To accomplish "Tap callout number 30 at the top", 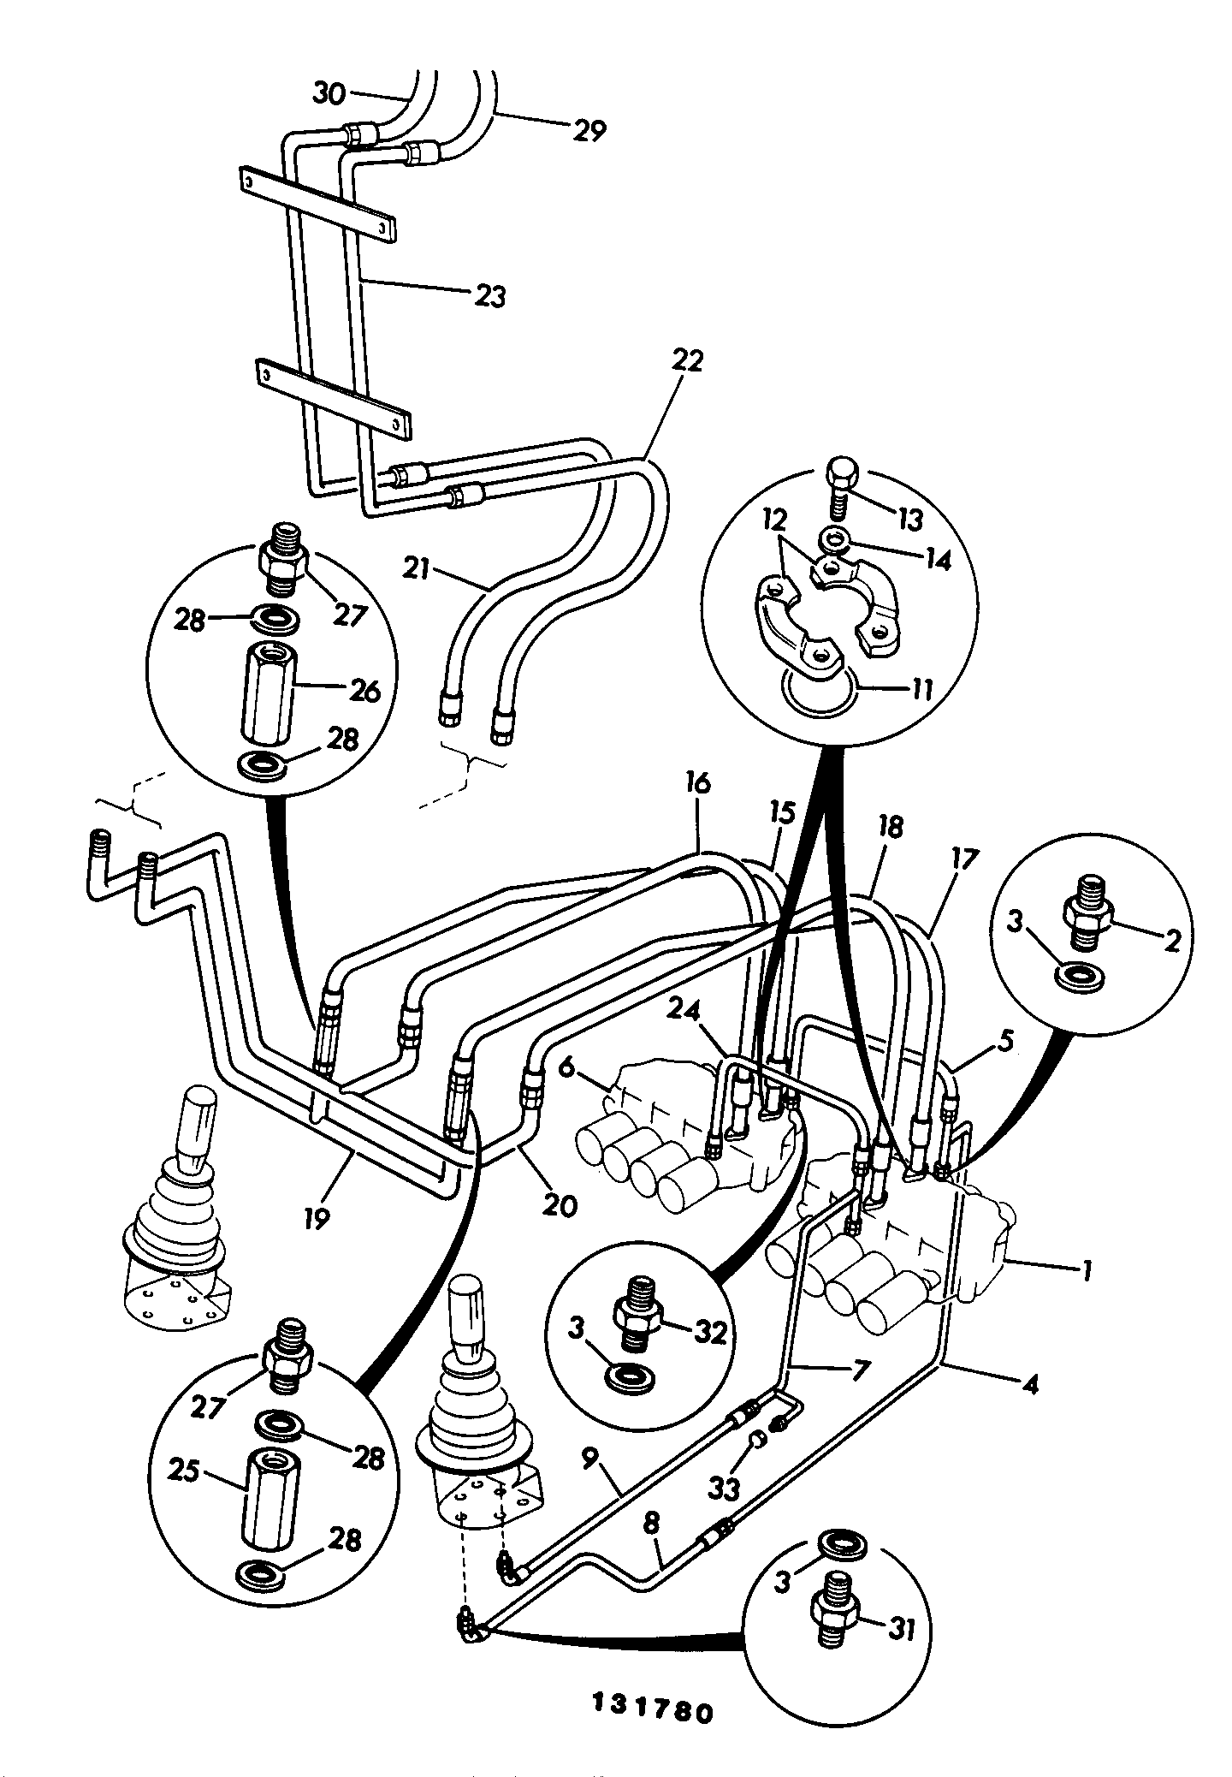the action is point(329,93).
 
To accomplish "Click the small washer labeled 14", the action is point(834,540).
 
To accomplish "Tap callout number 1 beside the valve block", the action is point(1085,1272).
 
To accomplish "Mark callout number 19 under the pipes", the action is point(316,1217).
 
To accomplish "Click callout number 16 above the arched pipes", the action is point(697,783).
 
